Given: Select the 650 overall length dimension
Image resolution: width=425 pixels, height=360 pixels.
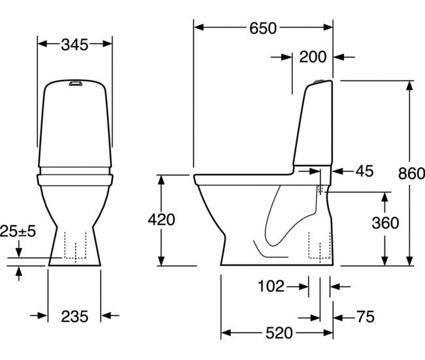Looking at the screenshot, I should (263, 28).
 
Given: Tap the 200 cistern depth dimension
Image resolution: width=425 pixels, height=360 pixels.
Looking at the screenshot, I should (313, 57).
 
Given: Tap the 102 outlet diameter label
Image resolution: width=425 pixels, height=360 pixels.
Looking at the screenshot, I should (271, 286).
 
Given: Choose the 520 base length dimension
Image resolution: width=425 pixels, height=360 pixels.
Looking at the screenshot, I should (279, 333).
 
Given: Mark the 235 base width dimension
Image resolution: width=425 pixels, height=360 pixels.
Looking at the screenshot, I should (75, 317).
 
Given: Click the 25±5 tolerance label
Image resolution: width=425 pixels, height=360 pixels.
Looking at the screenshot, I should (18, 231).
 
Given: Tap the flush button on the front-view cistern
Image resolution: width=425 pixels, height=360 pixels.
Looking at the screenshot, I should (75, 83).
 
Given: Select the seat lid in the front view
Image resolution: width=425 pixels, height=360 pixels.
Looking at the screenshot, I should (74, 175).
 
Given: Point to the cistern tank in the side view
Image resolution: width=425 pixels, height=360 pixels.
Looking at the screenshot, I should (315, 124).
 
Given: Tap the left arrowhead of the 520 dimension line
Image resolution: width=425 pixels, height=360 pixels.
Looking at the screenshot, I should (224, 333).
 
